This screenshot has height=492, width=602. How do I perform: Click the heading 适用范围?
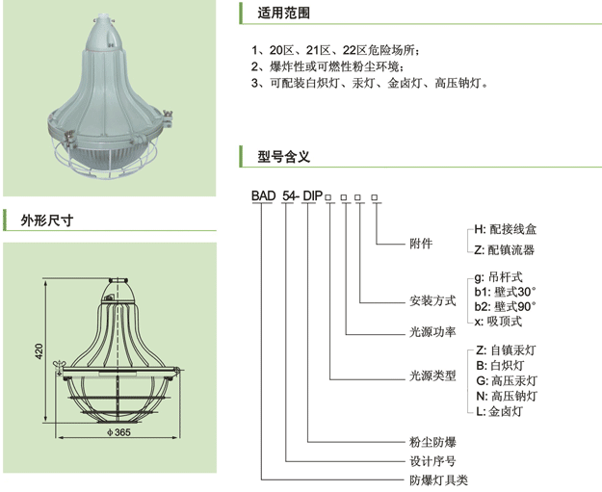click(283, 14)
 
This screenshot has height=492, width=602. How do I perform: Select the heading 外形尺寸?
click(48, 220)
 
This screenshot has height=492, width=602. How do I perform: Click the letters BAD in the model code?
click(263, 196)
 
